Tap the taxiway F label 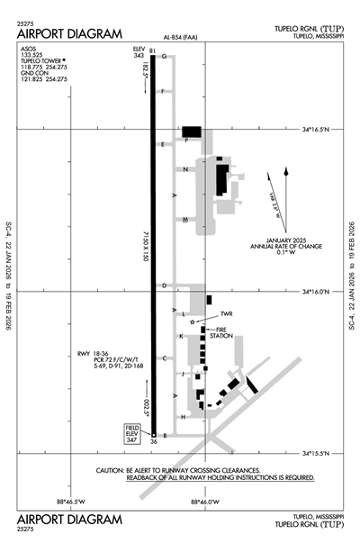163,91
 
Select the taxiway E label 163,144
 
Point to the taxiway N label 184,169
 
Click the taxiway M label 184,220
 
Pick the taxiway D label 164,286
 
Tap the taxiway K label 182,336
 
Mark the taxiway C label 164,357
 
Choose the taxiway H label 184,417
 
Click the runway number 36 153,442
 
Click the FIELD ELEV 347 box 131,433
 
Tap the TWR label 226,315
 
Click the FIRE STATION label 222,333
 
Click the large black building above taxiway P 193,131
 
